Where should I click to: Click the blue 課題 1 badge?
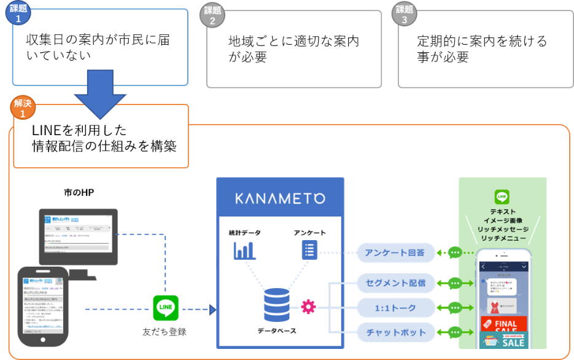click(18, 14)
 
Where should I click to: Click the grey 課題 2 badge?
click(212, 15)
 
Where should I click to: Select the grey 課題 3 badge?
click(405, 15)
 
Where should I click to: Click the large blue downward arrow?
click(100, 92)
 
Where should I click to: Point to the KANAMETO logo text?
click(280, 198)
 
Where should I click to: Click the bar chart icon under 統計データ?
click(244, 250)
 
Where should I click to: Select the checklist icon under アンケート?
click(309, 250)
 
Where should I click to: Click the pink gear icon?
click(308, 306)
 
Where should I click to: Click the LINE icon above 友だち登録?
click(166, 308)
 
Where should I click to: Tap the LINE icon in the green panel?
click(502, 197)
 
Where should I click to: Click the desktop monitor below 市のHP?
click(77, 237)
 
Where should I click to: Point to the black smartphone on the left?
click(42, 304)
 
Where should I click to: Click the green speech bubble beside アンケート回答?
click(455, 252)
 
